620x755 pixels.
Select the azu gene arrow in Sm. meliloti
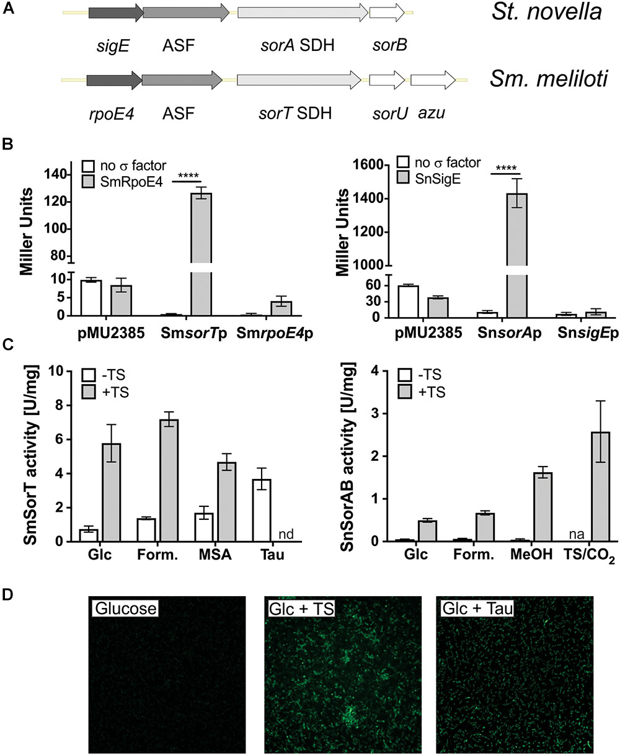pos(433,81)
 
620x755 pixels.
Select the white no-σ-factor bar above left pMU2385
pos(92,298)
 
